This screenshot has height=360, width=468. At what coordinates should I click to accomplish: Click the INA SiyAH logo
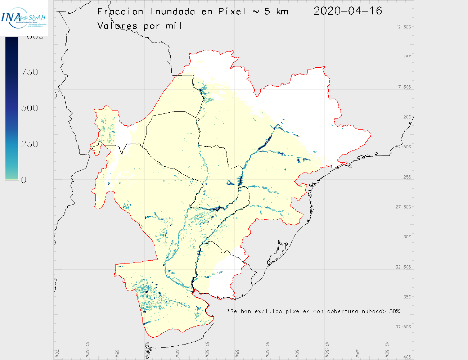coord(23,18)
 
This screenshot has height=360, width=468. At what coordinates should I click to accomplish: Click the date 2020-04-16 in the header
coord(347,11)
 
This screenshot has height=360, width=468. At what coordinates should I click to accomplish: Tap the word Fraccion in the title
coord(120,12)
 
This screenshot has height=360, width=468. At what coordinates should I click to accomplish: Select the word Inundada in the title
coord(173,12)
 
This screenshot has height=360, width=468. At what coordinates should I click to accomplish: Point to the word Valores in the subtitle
coord(117,26)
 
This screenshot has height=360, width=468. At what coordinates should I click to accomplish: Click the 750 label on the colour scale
coord(30,72)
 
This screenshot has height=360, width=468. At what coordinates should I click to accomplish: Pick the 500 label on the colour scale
coord(30,108)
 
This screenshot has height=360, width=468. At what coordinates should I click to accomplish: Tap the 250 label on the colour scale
coord(30,144)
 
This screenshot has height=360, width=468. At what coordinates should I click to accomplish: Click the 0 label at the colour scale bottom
coord(24,180)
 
